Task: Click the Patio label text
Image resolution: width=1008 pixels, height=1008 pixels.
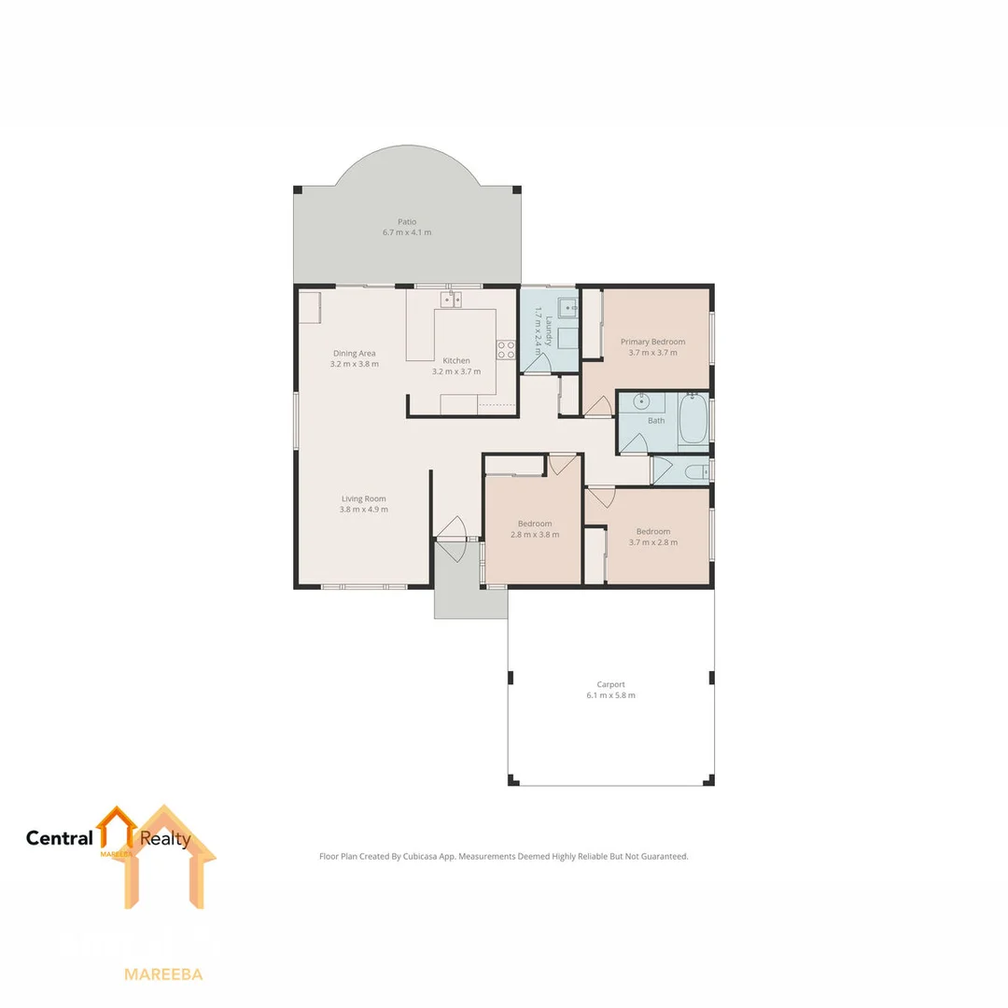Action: pos(407,222)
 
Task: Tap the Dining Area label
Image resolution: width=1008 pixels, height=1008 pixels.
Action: pos(355,354)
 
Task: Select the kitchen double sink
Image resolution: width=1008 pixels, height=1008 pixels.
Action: pos(452,300)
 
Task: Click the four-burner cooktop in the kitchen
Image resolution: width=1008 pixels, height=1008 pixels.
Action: pos(506,350)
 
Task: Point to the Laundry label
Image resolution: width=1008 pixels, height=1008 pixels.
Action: pos(550,331)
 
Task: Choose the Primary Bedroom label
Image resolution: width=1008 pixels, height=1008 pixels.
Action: pos(653,342)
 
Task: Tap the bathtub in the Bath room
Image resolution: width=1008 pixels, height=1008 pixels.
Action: pos(693,420)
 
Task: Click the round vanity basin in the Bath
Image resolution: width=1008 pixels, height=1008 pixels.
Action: pos(641,402)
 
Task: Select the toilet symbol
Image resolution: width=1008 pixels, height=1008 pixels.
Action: pos(696,472)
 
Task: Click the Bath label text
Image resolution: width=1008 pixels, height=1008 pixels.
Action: pos(657,421)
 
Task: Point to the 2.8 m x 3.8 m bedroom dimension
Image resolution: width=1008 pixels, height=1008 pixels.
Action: pos(535,535)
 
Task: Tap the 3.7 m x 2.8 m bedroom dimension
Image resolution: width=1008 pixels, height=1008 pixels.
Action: pos(653,542)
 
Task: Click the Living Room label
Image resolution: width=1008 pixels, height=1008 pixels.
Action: pos(364,498)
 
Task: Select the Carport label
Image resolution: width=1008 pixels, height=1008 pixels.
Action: pos(611,684)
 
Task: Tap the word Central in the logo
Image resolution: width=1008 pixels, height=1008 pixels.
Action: pos(60,838)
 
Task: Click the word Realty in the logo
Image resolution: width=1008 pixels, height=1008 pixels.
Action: pos(165,838)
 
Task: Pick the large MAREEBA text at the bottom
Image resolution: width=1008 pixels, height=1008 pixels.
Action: pos(163,974)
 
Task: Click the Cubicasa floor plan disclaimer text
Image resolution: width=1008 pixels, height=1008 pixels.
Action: pos(504,856)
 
